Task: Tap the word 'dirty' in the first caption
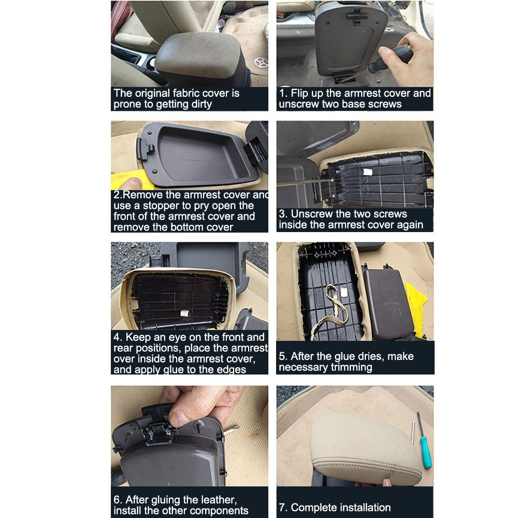(199, 105)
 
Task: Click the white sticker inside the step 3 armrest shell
(368, 172)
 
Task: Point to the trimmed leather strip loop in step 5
(332, 308)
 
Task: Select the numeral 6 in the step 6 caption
(116, 500)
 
